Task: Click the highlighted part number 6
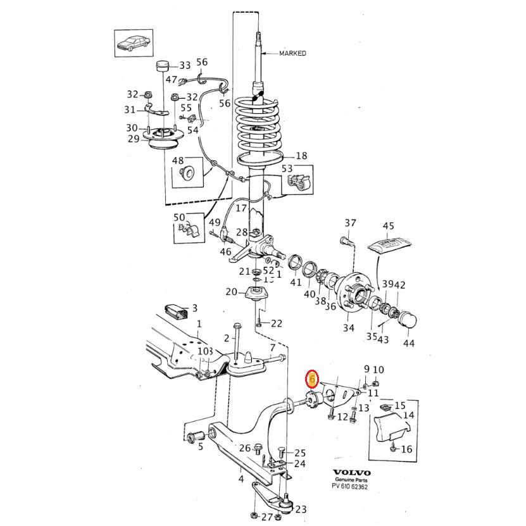(x=311, y=379)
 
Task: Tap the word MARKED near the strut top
(x=292, y=54)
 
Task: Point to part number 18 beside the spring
(x=301, y=156)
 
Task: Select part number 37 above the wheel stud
(x=351, y=223)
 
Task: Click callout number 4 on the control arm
(x=241, y=479)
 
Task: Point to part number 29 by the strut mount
(x=133, y=139)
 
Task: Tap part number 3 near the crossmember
(x=194, y=308)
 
